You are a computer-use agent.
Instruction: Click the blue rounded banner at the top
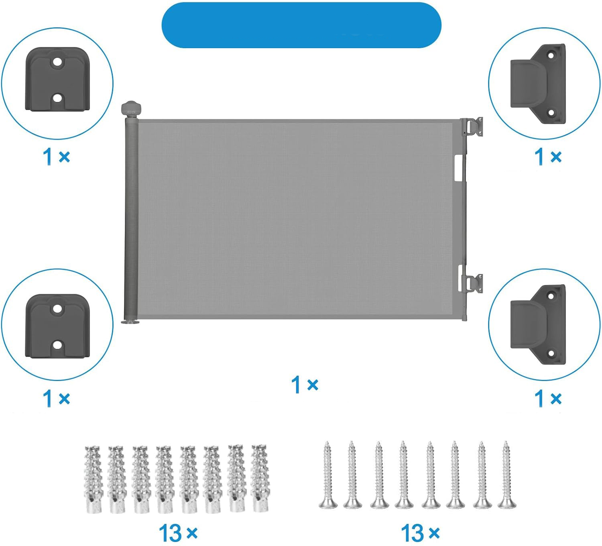pos(301,25)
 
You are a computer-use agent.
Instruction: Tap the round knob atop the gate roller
pos(131,108)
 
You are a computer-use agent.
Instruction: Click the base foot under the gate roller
pos(130,322)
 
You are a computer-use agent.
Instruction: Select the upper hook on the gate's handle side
pos(473,127)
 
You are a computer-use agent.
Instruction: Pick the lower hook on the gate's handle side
pos(473,284)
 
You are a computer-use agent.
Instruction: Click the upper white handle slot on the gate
pos(458,168)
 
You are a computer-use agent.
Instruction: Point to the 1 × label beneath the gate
pos(305,385)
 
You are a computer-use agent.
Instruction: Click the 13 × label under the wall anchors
pos(178,533)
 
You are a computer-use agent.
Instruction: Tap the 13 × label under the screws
pos(420,533)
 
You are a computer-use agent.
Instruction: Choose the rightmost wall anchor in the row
pos(260,478)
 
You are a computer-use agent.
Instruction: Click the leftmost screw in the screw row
pos(328,475)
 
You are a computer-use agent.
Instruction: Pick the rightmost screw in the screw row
pos(507,475)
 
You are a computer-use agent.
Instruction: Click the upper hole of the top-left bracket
pos(58,62)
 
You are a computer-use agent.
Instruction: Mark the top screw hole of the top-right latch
pos(551,55)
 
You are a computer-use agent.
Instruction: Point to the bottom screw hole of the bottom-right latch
pos(551,353)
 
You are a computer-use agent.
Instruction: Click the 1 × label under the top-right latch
pos(548,157)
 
